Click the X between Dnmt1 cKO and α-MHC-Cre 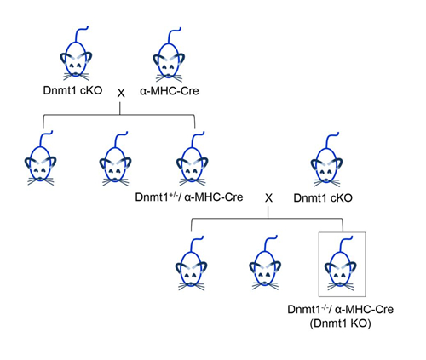pyautogui.click(x=121, y=93)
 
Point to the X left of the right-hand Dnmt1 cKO pyautogui.click(x=268, y=198)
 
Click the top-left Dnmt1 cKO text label pyautogui.click(x=72, y=90)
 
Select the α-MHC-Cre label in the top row pyautogui.click(x=170, y=91)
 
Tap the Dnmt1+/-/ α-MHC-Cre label pyautogui.click(x=189, y=197)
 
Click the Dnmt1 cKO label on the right pyautogui.click(x=323, y=198)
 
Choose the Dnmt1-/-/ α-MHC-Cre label pyautogui.click(x=341, y=309)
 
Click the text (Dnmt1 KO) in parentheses pyautogui.click(x=341, y=323)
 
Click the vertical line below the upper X pyautogui.click(x=120, y=108)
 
